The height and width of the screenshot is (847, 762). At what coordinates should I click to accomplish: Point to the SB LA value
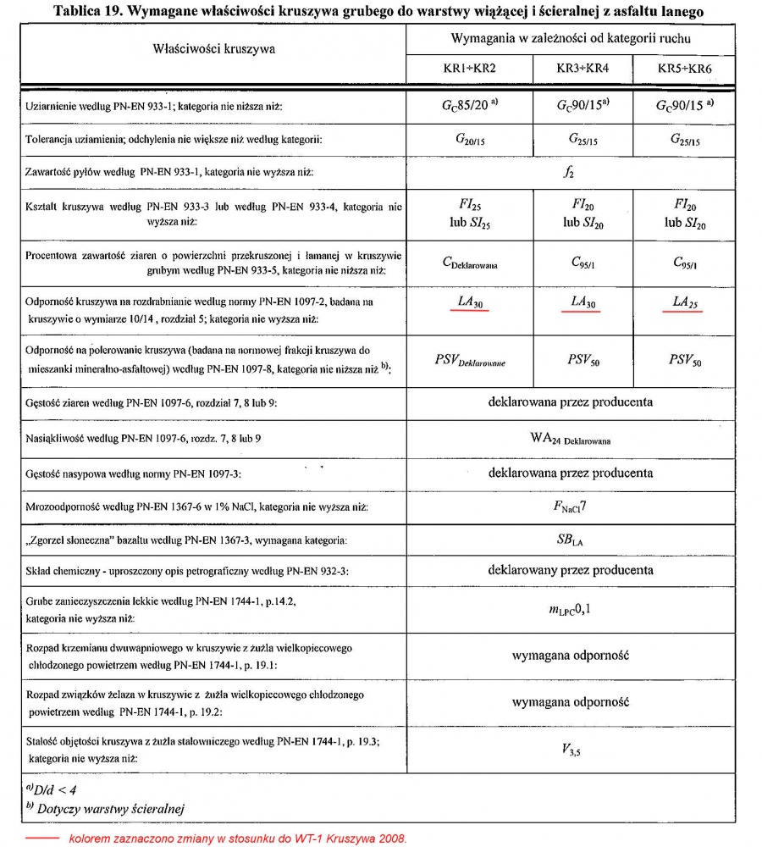click(570, 540)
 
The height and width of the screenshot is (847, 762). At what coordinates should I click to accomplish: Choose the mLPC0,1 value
click(570, 607)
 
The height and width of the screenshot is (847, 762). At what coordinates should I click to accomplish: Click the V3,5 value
click(570, 748)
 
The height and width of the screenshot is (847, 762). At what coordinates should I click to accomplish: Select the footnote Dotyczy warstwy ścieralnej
click(102, 809)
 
